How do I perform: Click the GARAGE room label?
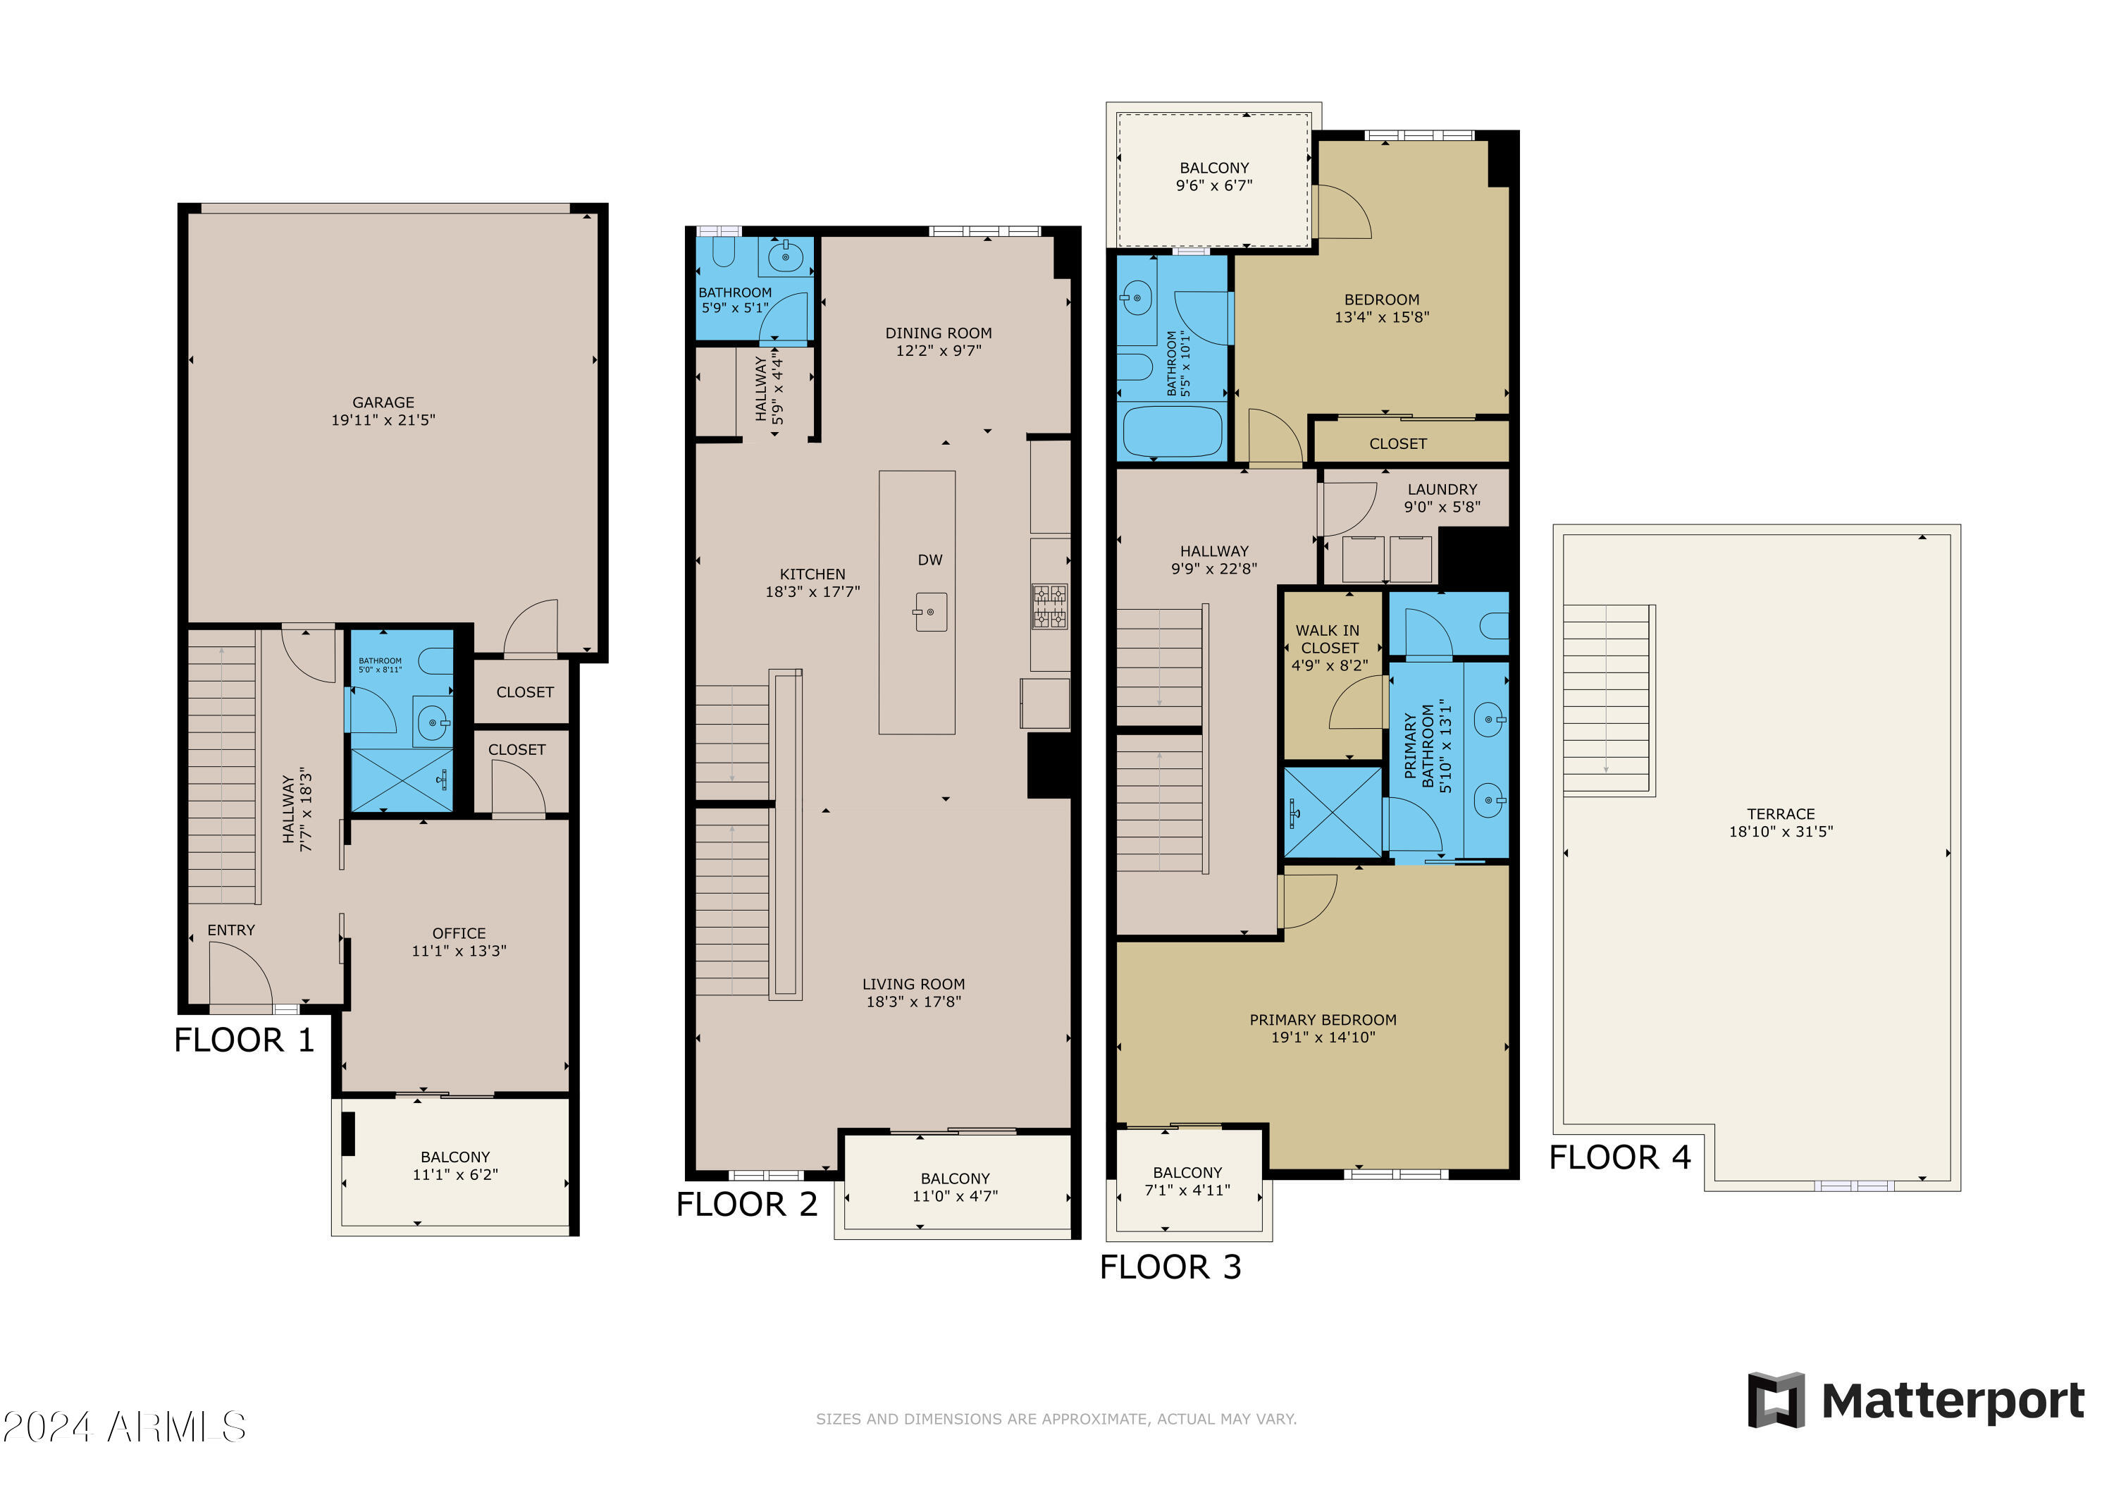[383, 402]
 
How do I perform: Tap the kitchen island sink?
[930, 612]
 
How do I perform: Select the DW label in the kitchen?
[930, 560]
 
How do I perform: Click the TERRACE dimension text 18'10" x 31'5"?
[1781, 832]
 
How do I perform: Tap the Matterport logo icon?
[1776, 1400]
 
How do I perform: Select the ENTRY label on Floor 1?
[231, 930]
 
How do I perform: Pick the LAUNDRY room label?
[1442, 490]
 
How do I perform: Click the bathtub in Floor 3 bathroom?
[1172, 431]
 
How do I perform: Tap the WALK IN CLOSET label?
[1328, 639]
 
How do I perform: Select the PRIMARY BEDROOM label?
[1322, 1020]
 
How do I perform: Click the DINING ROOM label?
[938, 333]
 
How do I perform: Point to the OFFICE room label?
[459, 934]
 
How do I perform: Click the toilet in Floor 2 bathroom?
[724, 252]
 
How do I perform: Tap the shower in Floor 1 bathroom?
[402, 780]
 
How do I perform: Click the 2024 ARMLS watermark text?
[124, 1427]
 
